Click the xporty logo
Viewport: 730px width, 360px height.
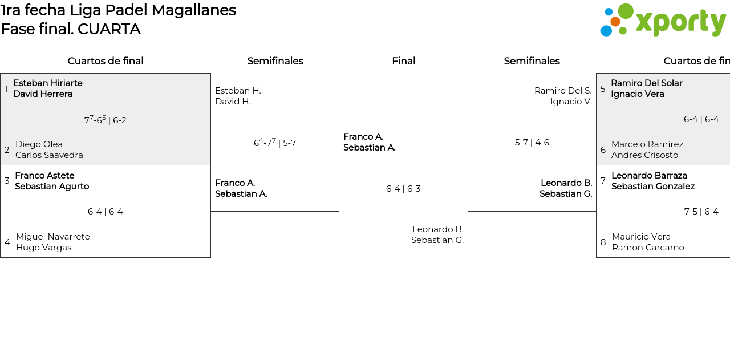663,21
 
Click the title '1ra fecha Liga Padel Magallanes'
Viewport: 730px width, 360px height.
118,10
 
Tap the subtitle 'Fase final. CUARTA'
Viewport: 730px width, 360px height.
71,29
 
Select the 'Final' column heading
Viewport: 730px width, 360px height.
403,61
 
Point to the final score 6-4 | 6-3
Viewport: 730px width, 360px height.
403,189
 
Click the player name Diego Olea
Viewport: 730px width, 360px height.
39,144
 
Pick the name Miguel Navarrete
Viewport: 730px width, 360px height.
52,237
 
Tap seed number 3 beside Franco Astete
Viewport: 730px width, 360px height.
7,181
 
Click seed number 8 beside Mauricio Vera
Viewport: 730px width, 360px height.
603,242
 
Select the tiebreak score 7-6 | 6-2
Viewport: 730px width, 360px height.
105,120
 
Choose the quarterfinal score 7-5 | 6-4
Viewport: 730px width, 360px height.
701,212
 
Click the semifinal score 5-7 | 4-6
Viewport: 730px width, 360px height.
532,143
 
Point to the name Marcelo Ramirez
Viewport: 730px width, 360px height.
647,144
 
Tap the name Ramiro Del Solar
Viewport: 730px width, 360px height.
646,83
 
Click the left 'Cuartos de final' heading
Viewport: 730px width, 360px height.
106,61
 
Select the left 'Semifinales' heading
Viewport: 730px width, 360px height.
275,61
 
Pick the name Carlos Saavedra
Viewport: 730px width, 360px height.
49,155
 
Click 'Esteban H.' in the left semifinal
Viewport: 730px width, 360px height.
238,91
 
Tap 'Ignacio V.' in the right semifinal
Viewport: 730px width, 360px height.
571,102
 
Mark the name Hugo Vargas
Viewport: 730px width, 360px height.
43,248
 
